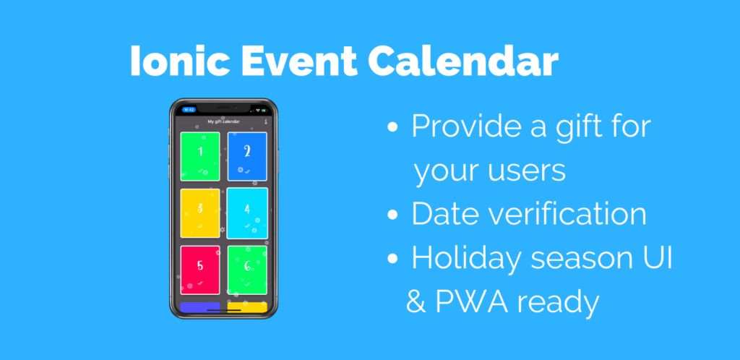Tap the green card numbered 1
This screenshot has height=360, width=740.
[200, 156]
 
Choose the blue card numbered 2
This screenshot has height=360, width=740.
[247, 156]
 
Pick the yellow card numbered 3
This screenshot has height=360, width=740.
[200, 212]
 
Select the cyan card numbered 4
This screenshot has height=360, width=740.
[247, 212]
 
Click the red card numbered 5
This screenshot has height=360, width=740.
[200, 270]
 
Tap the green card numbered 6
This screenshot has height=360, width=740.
[247, 270]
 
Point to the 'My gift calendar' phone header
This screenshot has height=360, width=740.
[223, 121]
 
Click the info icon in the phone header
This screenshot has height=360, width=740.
[266, 121]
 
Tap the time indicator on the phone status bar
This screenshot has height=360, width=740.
[189, 110]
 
